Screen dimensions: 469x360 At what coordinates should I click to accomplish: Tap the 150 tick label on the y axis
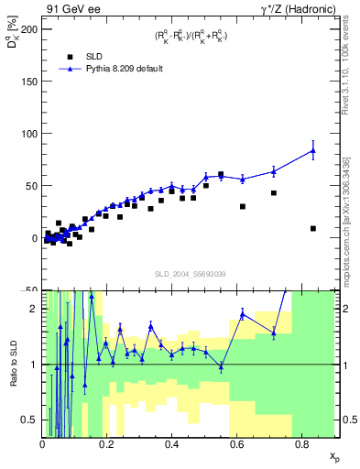(x=29, y=81)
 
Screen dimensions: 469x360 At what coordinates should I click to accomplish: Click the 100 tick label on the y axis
(x=29, y=133)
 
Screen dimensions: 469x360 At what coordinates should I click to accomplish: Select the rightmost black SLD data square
(x=313, y=228)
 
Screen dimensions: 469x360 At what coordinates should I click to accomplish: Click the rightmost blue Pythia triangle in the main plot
(x=313, y=150)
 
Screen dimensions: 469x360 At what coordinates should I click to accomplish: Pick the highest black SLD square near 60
(x=221, y=174)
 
